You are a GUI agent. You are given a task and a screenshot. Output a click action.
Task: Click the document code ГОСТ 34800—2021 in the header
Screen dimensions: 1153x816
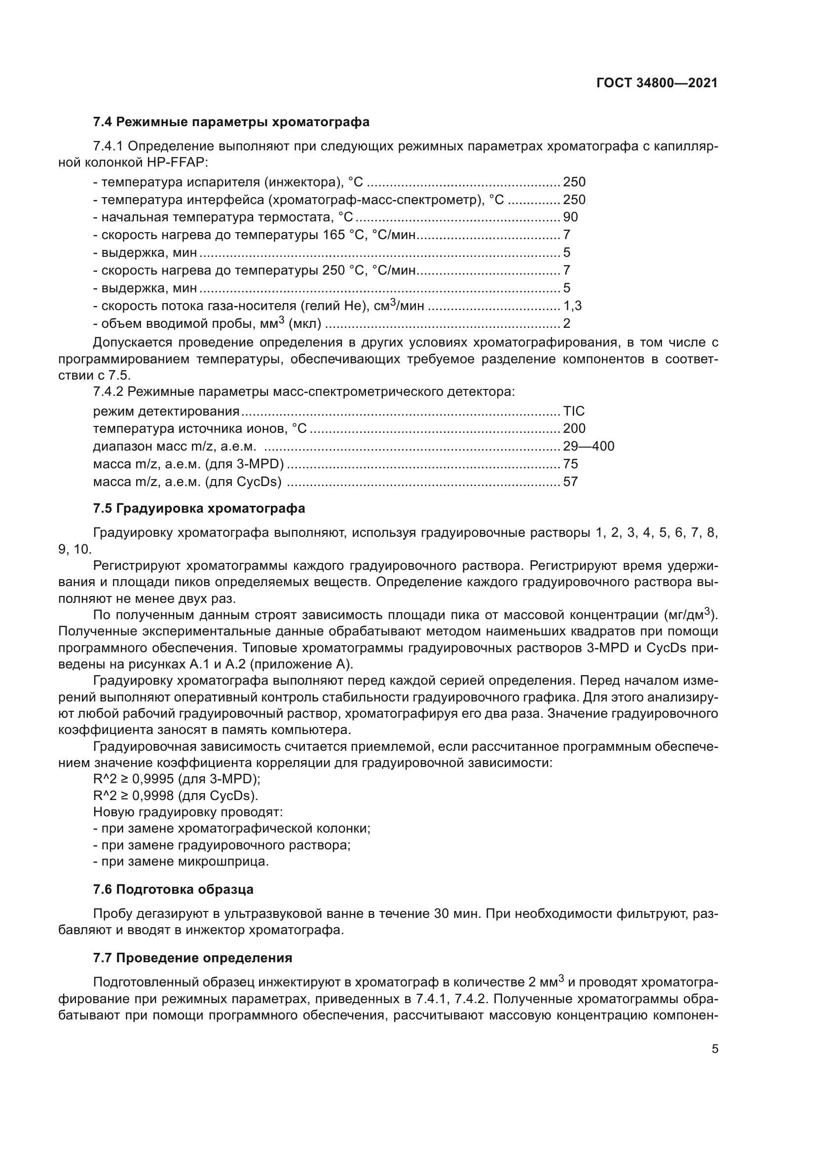click(x=657, y=83)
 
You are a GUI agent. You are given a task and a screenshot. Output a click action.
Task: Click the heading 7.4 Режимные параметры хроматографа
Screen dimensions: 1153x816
click(x=231, y=122)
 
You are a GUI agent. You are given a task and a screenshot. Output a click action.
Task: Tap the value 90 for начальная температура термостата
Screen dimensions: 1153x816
click(x=570, y=217)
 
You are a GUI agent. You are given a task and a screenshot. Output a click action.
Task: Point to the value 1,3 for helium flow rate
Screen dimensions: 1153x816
click(x=572, y=306)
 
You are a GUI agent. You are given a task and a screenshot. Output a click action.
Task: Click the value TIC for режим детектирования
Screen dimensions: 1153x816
click(x=574, y=411)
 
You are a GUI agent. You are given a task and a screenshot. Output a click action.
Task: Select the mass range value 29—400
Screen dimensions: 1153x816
click(x=589, y=447)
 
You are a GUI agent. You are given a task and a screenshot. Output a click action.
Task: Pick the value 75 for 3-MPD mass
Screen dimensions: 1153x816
click(x=570, y=464)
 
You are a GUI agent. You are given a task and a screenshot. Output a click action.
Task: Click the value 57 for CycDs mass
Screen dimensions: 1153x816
click(x=570, y=482)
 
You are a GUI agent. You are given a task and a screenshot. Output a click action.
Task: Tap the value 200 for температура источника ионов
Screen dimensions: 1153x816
click(x=574, y=428)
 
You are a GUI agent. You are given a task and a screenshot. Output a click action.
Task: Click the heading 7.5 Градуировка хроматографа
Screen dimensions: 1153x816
click(x=199, y=508)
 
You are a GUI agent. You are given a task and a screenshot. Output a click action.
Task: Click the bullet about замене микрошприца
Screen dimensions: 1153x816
click(x=182, y=862)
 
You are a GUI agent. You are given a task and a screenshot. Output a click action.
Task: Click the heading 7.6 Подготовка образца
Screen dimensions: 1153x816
click(x=173, y=889)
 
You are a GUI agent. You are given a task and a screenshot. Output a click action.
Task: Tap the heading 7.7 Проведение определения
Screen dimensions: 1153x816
click(x=192, y=958)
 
